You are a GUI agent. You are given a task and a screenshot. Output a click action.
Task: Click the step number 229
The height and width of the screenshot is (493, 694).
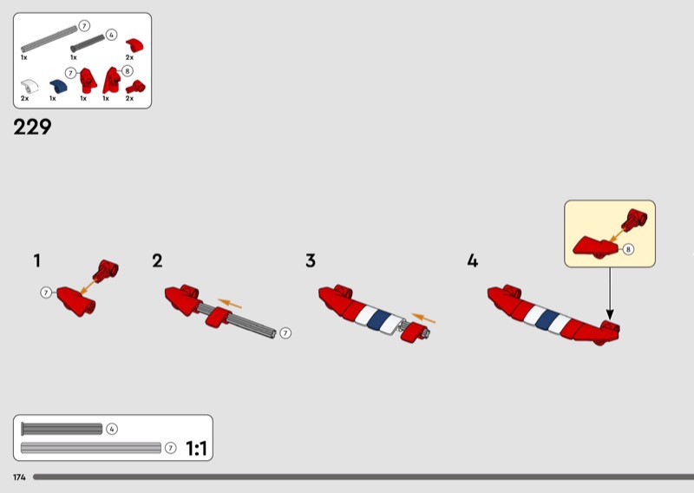coord(32,127)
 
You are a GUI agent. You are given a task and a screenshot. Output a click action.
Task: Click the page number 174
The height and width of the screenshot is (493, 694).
coord(19,477)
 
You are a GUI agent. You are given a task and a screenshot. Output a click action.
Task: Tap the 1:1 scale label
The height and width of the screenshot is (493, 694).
coord(196,448)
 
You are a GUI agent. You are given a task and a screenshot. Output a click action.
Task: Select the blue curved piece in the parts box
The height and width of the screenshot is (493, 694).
coord(58,85)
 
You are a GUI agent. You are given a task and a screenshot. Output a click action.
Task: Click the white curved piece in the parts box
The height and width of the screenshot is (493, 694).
coord(29,85)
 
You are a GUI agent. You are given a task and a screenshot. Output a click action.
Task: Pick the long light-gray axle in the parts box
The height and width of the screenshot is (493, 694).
coord(49,39)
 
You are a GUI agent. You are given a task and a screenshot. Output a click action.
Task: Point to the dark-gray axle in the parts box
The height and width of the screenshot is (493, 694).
coord(88,43)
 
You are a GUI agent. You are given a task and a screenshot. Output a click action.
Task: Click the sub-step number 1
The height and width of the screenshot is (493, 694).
coord(37,260)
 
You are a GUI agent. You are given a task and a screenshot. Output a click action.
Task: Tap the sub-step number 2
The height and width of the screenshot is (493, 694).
coord(157,260)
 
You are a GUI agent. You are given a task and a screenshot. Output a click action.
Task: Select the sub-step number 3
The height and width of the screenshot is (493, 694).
coord(311,260)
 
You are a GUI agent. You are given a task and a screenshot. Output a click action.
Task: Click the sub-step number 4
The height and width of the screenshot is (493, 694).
coord(473,260)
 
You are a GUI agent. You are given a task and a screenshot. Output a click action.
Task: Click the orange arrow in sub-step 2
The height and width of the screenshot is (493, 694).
coord(230,304)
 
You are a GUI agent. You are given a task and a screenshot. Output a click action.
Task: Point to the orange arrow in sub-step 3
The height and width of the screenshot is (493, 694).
coord(423,318)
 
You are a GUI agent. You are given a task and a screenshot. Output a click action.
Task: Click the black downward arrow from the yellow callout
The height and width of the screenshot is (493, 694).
coord(610,293)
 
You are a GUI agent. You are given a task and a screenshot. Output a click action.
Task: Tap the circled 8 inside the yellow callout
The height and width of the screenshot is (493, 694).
coord(628,249)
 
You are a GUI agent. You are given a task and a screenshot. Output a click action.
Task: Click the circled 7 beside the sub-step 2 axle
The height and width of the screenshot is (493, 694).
coord(285,333)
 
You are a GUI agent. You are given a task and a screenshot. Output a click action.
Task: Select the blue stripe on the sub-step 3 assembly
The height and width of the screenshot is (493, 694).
coord(379,319)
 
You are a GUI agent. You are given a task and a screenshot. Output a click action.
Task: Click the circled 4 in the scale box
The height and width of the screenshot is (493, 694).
coord(112,429)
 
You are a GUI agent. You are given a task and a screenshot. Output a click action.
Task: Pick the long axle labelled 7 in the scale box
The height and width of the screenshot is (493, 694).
coord(91,448)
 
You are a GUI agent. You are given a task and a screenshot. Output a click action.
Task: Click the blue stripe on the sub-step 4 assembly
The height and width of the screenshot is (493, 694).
coord(547,319)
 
